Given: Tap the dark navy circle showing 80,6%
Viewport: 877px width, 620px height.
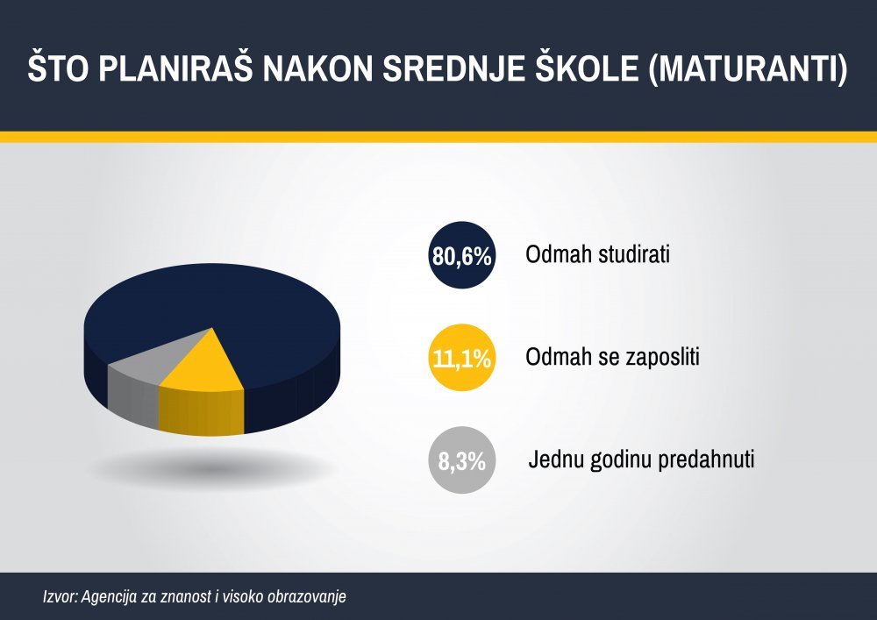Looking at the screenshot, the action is (x=462, y=255).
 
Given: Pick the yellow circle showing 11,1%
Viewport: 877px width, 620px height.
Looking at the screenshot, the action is (x=462, y=357).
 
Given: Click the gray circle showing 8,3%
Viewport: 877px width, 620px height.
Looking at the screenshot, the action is (x=462, y=460).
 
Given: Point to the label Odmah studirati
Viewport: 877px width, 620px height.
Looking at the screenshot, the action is (x=597, y=254).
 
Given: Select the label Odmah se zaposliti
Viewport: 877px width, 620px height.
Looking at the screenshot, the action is (x=612, y=357).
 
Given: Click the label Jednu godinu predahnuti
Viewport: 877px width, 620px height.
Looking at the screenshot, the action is (x=642, y=460).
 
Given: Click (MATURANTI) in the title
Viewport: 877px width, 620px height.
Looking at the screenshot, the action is (x=749, y=69).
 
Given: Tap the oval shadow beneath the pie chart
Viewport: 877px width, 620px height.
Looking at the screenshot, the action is (x=212, y=466).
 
